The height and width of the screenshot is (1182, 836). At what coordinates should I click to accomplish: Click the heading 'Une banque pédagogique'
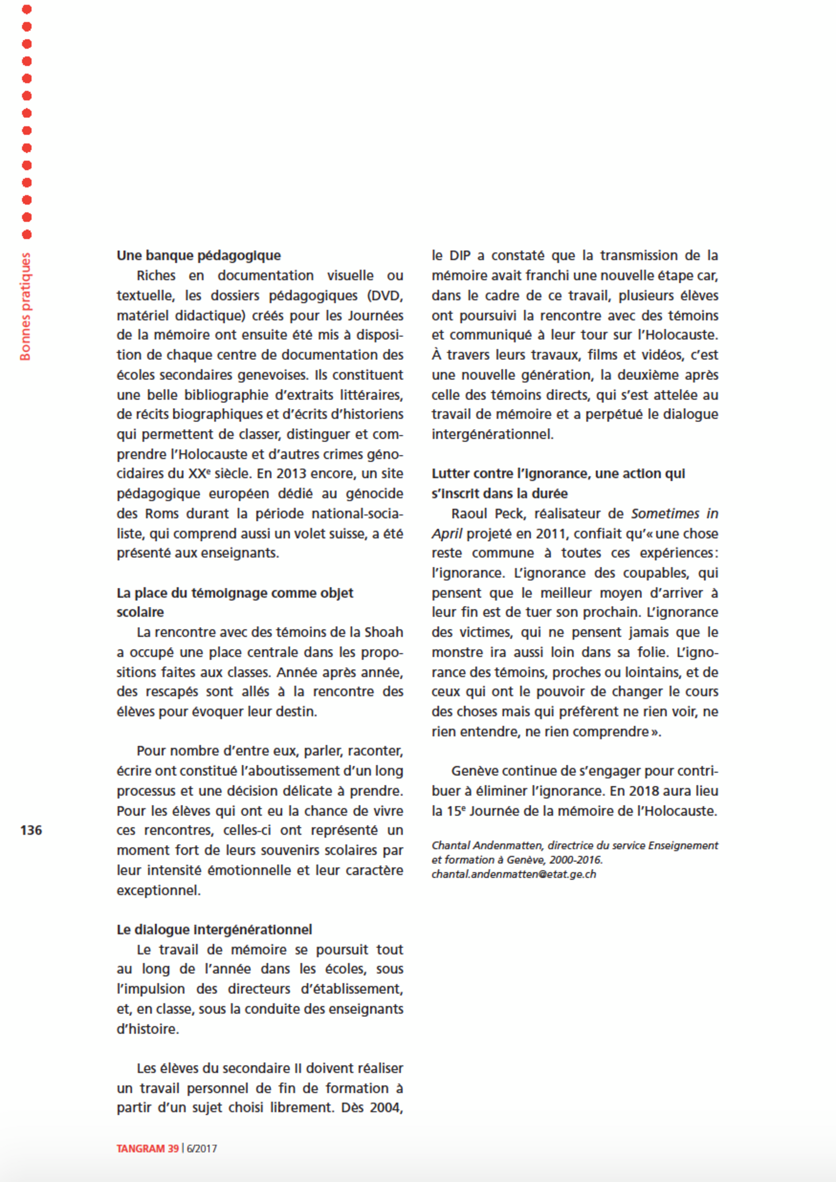(199, 255)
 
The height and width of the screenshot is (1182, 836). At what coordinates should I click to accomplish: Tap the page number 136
(31, 830)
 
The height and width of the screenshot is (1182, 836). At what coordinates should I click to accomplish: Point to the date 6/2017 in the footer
(202, 1149)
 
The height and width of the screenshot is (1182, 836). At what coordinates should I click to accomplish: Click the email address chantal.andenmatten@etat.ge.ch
(514, 874)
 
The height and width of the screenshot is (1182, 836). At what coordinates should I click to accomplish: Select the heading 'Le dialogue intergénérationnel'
(214, 929)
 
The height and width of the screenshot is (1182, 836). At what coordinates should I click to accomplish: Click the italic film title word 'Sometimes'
(665, 513)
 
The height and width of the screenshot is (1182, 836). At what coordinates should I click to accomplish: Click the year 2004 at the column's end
(386, 1108)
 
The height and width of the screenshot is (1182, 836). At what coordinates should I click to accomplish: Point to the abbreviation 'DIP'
(460, 255)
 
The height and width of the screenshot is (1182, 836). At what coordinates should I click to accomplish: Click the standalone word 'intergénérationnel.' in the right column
(492, 435)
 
